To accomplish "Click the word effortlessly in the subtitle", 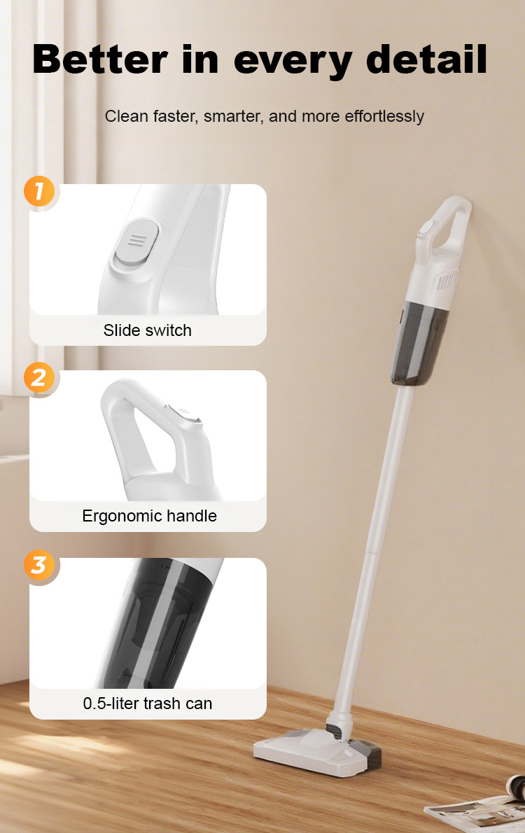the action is [384, 116].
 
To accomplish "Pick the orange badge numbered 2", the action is [38, 378].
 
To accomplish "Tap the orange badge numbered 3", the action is [38, 565].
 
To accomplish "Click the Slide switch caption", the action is [147, 330].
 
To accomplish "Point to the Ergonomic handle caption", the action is [149, 516].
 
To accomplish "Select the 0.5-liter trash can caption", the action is [147, 703].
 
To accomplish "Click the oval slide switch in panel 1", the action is [136, 242].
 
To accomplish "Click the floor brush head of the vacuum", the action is [317, 750].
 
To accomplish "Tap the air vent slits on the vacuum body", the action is [447, 281].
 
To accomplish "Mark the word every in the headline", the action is [293, 61].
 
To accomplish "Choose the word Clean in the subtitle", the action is [126, 115].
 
